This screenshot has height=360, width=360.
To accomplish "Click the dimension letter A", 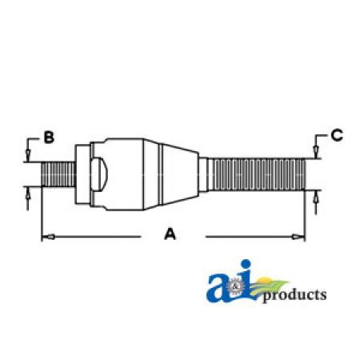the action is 170,234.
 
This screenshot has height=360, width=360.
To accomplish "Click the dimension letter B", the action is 49,138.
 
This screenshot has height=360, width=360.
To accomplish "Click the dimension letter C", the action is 337,135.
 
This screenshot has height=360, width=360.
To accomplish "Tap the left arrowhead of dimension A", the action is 49,237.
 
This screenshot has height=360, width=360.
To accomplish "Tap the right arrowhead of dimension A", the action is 298,237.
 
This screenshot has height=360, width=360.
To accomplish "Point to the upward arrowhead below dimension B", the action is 28,193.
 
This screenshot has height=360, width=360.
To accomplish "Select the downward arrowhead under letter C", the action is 316,152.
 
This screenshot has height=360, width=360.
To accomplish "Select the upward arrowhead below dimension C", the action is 316,197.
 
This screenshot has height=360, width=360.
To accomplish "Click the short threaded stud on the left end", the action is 58,174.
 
